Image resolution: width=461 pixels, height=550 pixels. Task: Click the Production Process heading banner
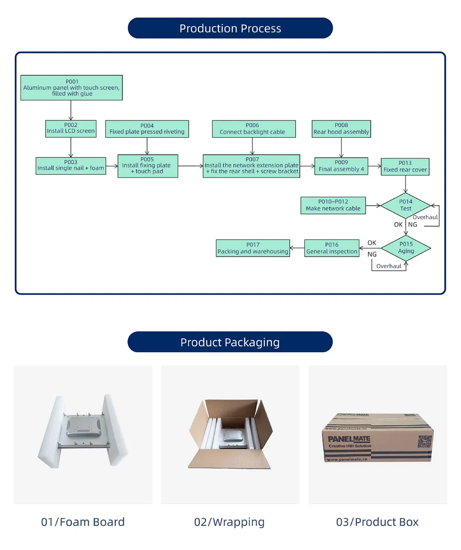[230, 28]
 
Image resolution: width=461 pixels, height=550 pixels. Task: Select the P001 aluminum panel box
[71, 87]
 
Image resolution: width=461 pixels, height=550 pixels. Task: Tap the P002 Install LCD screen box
[70, 129]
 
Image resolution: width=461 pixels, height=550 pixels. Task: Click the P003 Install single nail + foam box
[70, 166]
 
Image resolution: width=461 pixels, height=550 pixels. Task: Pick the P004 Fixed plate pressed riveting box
[147, 129]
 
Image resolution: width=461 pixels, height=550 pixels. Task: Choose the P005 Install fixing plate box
[147, 166]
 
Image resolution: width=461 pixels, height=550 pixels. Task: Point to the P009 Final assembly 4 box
[341, 166]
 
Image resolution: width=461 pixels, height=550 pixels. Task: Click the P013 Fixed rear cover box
[405, 167]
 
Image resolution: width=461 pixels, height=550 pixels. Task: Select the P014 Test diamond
[405, 205]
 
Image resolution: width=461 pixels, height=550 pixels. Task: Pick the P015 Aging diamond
[406, 248]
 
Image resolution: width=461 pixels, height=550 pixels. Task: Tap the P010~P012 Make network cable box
[333, 205]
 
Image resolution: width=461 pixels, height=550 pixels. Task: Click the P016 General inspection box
[332, 248]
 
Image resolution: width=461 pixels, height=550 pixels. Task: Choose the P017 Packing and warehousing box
[253, 248]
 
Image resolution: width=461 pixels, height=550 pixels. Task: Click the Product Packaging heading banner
[230, 342]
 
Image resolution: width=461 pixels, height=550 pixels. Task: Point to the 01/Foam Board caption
[83, 522]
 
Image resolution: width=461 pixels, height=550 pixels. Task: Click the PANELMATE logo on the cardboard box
[349, 439]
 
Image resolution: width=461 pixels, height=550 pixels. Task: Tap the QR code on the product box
[424, 442]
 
